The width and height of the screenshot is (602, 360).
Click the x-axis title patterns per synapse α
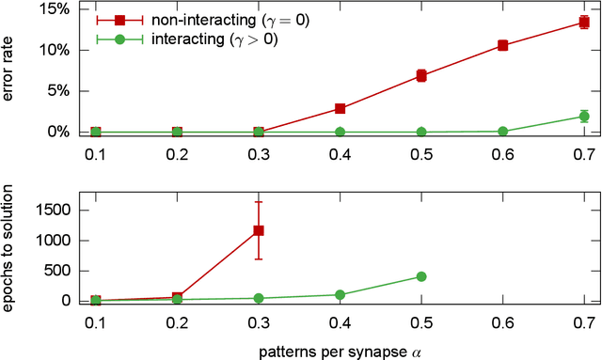(339, 351)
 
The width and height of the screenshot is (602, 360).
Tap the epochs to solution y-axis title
(11, 249)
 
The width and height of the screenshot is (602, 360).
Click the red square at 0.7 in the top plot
(584, 23)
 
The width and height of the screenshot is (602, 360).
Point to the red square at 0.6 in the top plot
(502, 45)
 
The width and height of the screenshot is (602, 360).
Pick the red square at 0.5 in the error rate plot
(421, 75)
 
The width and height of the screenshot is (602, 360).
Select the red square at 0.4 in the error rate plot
(340, 109)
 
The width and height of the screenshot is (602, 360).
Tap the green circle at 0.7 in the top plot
(584, 117)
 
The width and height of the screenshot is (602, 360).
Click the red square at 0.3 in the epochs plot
(259, 230)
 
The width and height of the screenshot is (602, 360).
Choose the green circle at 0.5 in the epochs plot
(421, 276)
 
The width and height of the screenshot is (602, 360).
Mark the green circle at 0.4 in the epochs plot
(340, 294)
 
